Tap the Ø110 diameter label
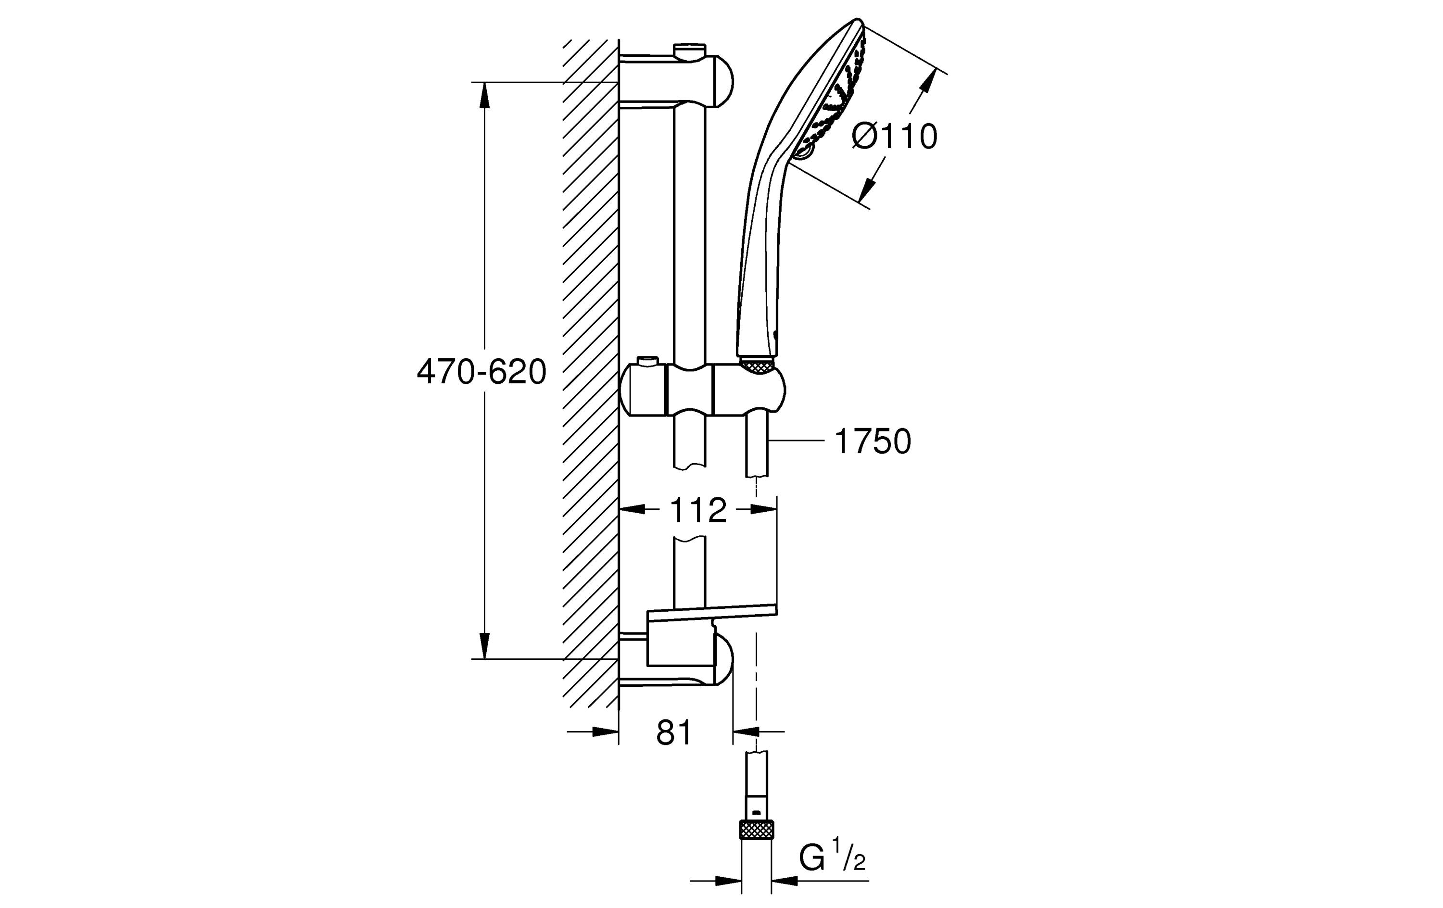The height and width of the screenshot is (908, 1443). point(894,137)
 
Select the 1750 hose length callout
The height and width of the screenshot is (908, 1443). point(872,441)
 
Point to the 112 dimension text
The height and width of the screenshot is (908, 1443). point(697,511)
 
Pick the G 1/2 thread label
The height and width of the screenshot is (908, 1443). point(832,859)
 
